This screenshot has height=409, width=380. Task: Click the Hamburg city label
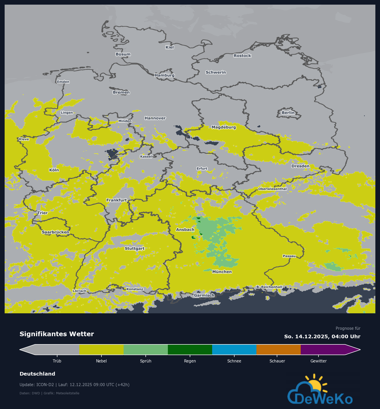point(165,75)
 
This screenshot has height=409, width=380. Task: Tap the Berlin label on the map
point(288,113)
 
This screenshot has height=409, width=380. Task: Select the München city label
point(222,272)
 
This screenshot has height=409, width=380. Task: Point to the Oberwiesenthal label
point(272,189)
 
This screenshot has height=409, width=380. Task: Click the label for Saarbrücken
point(55,232)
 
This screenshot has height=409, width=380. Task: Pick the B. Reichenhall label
point(269,287)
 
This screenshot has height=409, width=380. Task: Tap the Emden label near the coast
point(63,82)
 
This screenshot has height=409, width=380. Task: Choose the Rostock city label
point(242,56)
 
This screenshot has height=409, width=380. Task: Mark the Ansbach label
point(185,229)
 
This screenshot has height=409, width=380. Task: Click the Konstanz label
point(135,289)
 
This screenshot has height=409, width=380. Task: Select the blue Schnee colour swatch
point(234,350)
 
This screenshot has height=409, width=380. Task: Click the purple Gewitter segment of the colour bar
point(323,350)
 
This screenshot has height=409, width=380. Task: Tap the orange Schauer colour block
point(278,350)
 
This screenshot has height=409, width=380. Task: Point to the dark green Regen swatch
point(190,350)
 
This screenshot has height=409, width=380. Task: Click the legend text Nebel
point(101,361)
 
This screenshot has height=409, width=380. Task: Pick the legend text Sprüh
point(145,361)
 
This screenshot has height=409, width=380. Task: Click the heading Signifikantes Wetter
point(57,334)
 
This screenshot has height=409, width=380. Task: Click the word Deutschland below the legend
point(37,374)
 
